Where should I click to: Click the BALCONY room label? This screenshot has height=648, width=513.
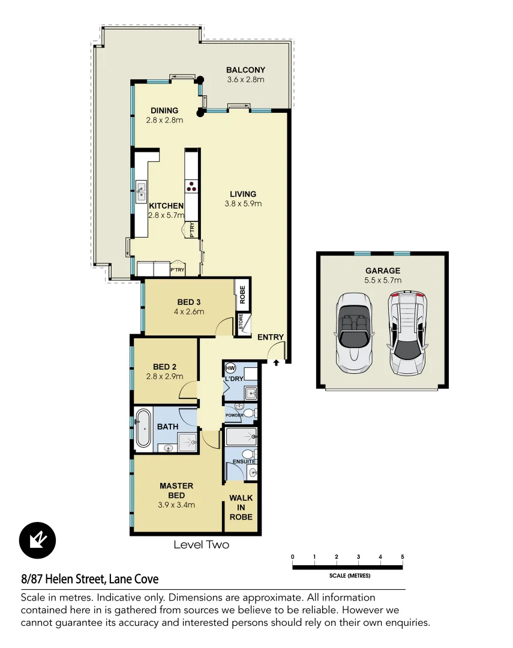245,70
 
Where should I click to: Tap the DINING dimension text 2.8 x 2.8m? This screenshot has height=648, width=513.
164,120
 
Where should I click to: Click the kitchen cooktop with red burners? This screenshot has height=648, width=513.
192,187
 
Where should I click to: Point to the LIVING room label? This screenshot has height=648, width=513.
243,194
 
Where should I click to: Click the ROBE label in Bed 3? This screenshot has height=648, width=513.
243,295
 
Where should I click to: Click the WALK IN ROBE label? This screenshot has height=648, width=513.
241,507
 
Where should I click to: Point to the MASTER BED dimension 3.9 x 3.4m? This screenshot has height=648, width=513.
176,505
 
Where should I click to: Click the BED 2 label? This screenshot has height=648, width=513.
164,367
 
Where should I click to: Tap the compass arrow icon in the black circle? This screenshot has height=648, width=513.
37,540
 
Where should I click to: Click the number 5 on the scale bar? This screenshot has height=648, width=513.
403,557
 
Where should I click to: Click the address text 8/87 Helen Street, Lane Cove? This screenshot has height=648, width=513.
90,579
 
